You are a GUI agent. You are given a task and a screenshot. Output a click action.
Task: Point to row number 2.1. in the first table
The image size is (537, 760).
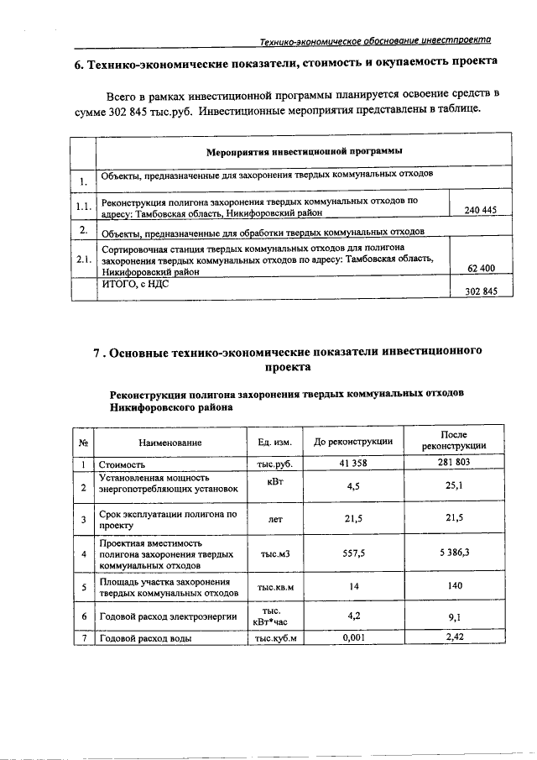(82, 259)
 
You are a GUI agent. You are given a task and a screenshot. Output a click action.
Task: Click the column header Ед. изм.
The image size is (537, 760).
(274, 443)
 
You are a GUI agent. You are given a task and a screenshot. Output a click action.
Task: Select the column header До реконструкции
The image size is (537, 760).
(353, 443)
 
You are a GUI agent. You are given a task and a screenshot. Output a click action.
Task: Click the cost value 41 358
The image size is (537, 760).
(354, 463)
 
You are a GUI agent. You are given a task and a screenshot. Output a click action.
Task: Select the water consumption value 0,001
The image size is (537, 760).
(354, 638)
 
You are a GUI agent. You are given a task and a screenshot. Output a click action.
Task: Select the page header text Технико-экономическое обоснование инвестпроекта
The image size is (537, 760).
(375, 39)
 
